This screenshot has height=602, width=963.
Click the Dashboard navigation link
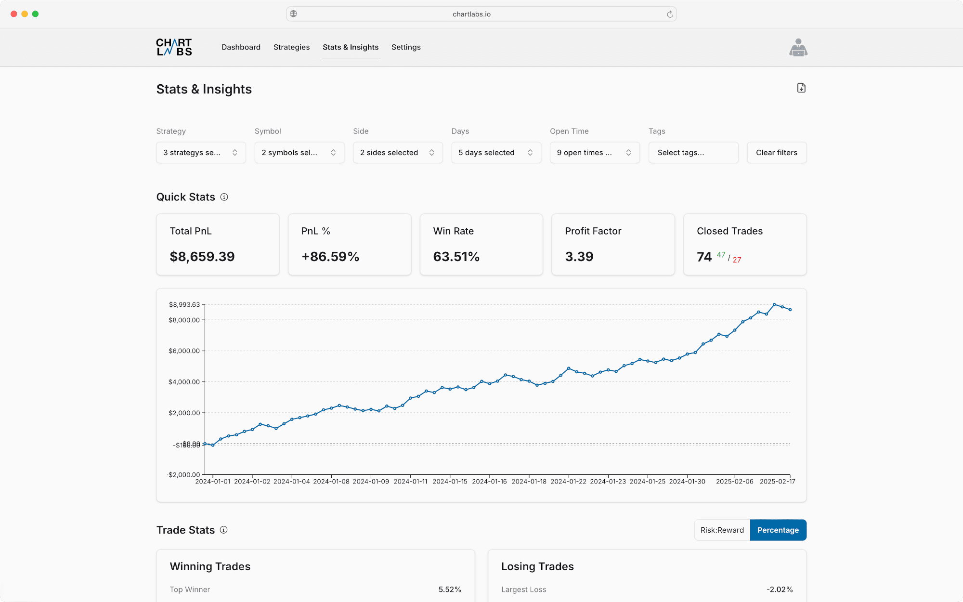pyautogui.click(x=241, y=47)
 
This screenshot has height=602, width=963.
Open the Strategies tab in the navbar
pyautogui.click(x=291, y=47)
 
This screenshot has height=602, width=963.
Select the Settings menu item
pyautogui.click(x=406, y=47)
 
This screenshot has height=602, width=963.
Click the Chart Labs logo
pyautogui.click(x=174, y=47)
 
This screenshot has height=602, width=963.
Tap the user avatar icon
pyautogui.click(x=798, y=48)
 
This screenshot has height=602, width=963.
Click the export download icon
pyautogui.click(x=801, y=88)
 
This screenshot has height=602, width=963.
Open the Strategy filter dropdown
pyautogui.click(x=201, y=153)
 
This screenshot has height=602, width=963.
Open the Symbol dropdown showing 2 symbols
pyautogui.click(x=299, y=153)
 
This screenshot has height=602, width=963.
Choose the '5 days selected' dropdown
pyautogui.click(x=496, y=153)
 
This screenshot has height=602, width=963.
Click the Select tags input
pyautogui.click(x=693, y=153)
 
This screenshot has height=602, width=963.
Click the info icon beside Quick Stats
pyautogui.click(x=224, y=197)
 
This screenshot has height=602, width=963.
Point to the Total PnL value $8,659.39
pyautogui.click(x=202, y=257)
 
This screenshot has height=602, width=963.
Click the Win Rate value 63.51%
pyautogui.click(x=456, y=257)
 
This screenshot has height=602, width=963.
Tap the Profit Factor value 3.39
pyautogui.click(x=579, y=257)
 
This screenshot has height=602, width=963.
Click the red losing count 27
pyautogui.click(x=737, y=260)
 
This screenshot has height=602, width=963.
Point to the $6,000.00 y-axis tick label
pyautogui.click(x=184, y=351)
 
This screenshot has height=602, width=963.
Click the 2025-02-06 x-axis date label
pyautogui.click(x=734, y=482)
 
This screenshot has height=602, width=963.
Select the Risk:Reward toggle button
pyautogui.click(x=722, y=530)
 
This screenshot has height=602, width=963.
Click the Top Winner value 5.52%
pyautogui.click(x=449, y=589)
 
